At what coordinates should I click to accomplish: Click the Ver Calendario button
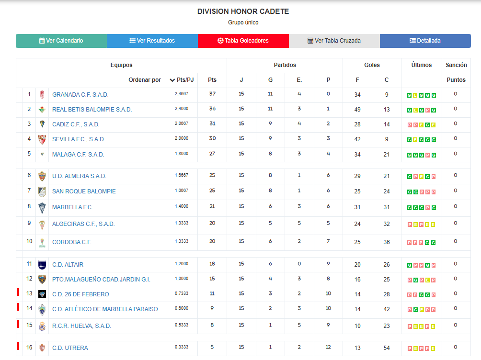click(61, 41)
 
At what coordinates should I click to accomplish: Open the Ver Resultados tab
click(152, 41)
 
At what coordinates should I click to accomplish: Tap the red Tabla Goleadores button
click(243, 41)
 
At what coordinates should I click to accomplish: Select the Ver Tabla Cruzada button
click(334, 41)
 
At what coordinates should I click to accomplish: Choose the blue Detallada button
click(425, 41)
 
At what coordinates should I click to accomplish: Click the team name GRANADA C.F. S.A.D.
click(80, 95)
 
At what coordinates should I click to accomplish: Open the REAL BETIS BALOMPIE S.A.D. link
click(92, 110)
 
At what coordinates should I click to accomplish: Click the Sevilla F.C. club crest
click(42, 139)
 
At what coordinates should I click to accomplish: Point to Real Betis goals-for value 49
click(357, 110)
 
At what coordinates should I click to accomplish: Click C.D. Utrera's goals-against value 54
click(387, 348)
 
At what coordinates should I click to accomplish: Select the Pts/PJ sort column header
click(182, 80)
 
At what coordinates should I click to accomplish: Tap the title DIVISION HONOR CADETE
click(243, 11)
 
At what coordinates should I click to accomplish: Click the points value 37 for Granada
click(212, 94)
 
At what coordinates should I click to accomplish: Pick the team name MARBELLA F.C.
click(72, 207)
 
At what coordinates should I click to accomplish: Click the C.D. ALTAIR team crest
click(42, 265)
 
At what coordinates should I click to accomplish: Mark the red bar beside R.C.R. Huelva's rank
click(17, 324)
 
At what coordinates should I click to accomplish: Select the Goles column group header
click(372, 65)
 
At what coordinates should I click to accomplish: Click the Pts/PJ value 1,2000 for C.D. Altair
click(182, 264)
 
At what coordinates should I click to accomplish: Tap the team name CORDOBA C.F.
click(71, 242)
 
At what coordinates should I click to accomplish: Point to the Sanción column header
click(456, 65)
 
